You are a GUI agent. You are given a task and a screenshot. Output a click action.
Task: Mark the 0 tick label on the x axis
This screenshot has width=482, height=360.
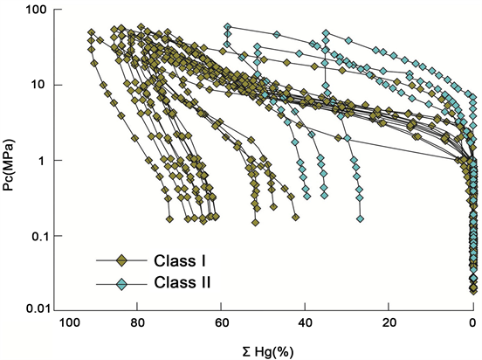473,323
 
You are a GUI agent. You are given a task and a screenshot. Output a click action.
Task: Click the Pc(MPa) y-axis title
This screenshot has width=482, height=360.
11,161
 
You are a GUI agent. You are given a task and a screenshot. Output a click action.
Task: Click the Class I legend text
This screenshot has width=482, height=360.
179,260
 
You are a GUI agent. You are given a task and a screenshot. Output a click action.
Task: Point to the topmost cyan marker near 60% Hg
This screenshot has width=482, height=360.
228,27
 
